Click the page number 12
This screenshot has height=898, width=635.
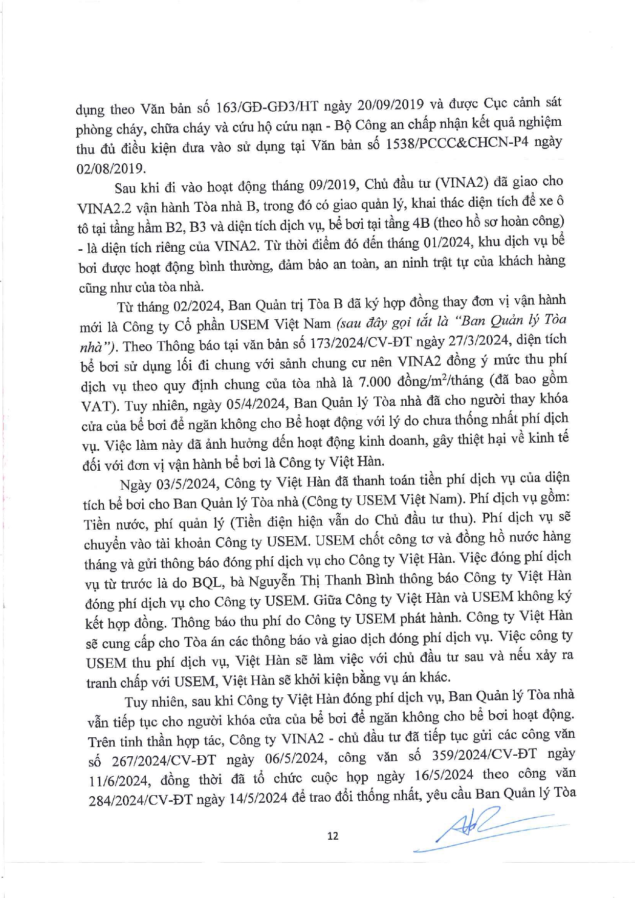tap(333, 836)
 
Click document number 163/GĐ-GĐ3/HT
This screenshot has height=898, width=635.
tap(267, 107)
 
